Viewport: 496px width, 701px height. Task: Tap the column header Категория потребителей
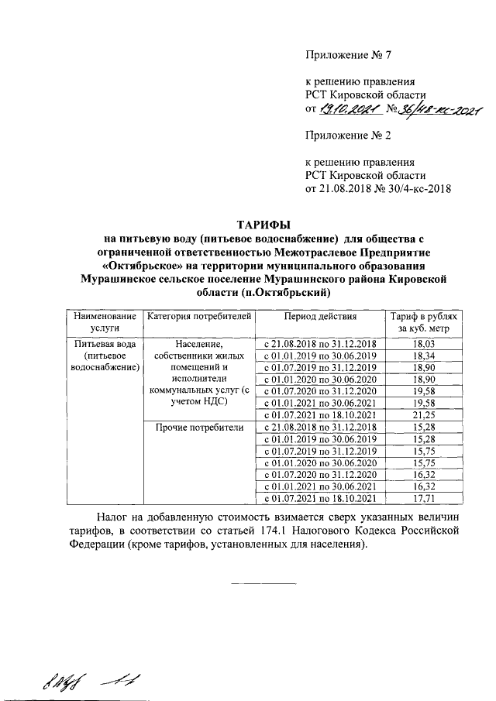pos(200,317)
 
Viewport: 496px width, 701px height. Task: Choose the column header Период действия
pos(320,317)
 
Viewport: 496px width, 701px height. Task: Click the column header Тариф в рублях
pos(423,317)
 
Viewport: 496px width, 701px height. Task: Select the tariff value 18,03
pos(423,343)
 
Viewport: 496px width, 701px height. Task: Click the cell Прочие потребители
pos(200,427)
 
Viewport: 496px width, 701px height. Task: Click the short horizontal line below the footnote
pos(264,582)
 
